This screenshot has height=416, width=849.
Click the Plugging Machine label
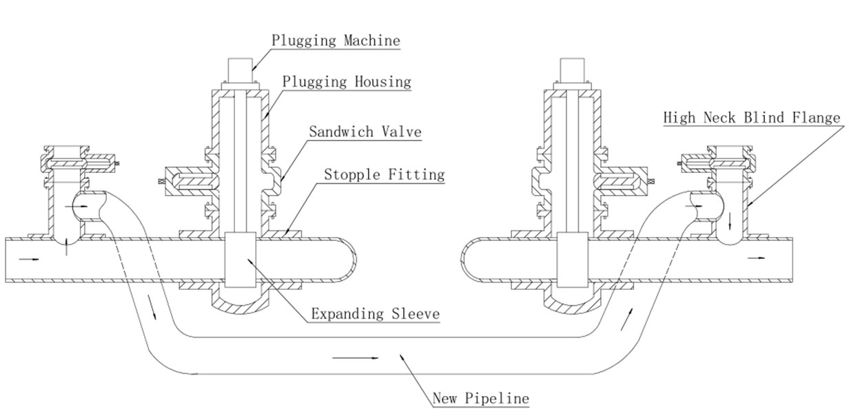pyautogui.click(x=335, y=40)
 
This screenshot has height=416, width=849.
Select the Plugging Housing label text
pyautogui.click(x=347, y=81)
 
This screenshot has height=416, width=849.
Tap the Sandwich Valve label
pyautogui.click(x=365, y=132)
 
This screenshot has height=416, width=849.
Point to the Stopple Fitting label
pyautogui.click(x=385, y=175)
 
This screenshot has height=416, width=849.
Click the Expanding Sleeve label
pyautogui.click(x=375, y=315)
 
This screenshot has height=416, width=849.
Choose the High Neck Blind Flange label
pyautogui.click(x=752, y=118)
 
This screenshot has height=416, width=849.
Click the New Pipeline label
pyautogui.click(x=481, y=398)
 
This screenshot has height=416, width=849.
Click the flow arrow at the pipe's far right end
pyautogui.click(x=756, y=258)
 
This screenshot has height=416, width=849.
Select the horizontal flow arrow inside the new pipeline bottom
pyautogui.click(x=356, y=357)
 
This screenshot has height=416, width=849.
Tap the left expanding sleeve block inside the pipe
pyautogui.click(x=239, y=261)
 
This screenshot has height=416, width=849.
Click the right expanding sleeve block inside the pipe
pyautogui.click(x=572, y=261)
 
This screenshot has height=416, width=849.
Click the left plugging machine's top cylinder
pyautogui.click(x=238, y=71)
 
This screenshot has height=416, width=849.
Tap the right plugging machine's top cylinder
pyautogui.click(x=572, y=71)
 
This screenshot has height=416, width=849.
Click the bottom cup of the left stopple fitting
pyautogui.click(x=238, y=303)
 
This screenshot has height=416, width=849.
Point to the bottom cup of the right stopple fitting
pyautogui.click(x=573, y=303)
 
